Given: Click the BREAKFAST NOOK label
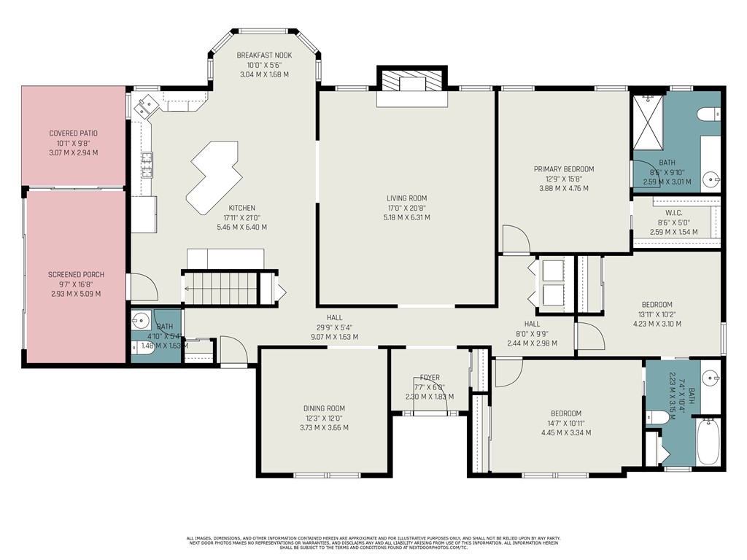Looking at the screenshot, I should (x=264, y=55).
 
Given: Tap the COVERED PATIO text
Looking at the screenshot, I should (x=73, y=133).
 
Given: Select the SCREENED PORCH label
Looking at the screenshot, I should (x=76, y=275).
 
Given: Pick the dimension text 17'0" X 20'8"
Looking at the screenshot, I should (x=407, y=208).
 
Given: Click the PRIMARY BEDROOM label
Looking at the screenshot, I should (x=563, y=169).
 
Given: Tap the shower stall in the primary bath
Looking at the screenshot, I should (x=647, y=120).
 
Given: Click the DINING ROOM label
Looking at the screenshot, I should (x=324, y=408).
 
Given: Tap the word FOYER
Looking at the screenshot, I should (x=430, y=378).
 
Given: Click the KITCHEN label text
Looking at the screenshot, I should (x=242, y=207).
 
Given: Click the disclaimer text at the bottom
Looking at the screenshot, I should (x=373, y=542).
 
